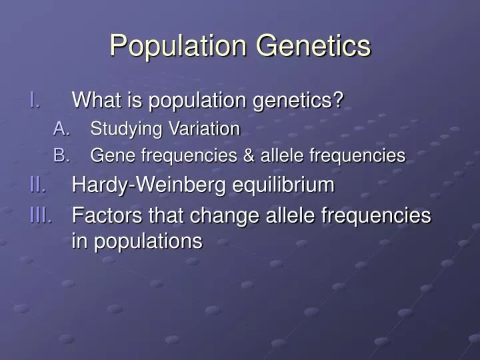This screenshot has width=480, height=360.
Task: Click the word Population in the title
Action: point(177,46)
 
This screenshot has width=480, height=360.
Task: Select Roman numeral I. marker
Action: point(36,101)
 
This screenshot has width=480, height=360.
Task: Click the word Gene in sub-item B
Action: point(107,156)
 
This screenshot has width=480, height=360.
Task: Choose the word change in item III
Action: point(219,216)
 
